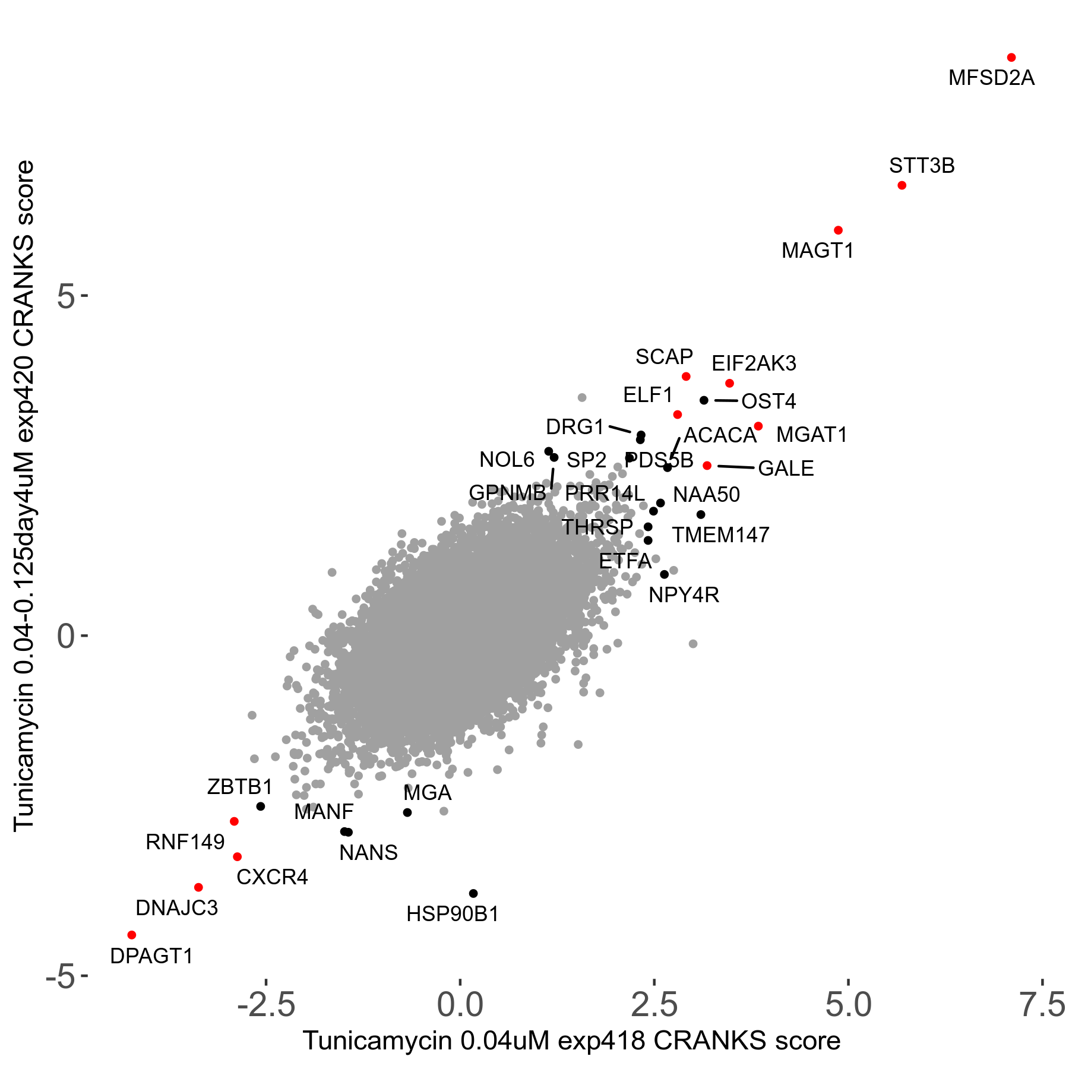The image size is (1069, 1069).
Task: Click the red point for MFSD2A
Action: coord(1011,58)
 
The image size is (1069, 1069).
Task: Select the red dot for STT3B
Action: coord(902,185)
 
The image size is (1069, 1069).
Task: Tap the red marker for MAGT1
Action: coord(838,230)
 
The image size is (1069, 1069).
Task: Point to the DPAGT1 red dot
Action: coord(132,935)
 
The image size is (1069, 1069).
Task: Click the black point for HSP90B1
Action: coord(473,893)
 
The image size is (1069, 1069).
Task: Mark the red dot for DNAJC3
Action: coord(198,887)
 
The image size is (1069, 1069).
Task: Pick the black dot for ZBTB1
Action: coord(260,806)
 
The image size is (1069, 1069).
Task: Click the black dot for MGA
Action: coord(407,812)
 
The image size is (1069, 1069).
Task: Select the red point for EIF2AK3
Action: coord(729,383)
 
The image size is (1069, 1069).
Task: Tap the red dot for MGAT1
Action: coord(758,426)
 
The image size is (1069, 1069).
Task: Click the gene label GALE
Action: coord(786,469)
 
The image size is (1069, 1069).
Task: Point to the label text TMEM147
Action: coord(720,535)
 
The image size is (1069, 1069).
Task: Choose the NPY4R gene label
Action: coord(684,595)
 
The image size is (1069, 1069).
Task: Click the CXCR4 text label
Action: coord(272,877)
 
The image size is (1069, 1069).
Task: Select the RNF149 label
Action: coord(185,842)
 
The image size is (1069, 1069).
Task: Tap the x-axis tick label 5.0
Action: coord(849,1005)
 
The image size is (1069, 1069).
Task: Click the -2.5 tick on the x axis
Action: coord(266,1005)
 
